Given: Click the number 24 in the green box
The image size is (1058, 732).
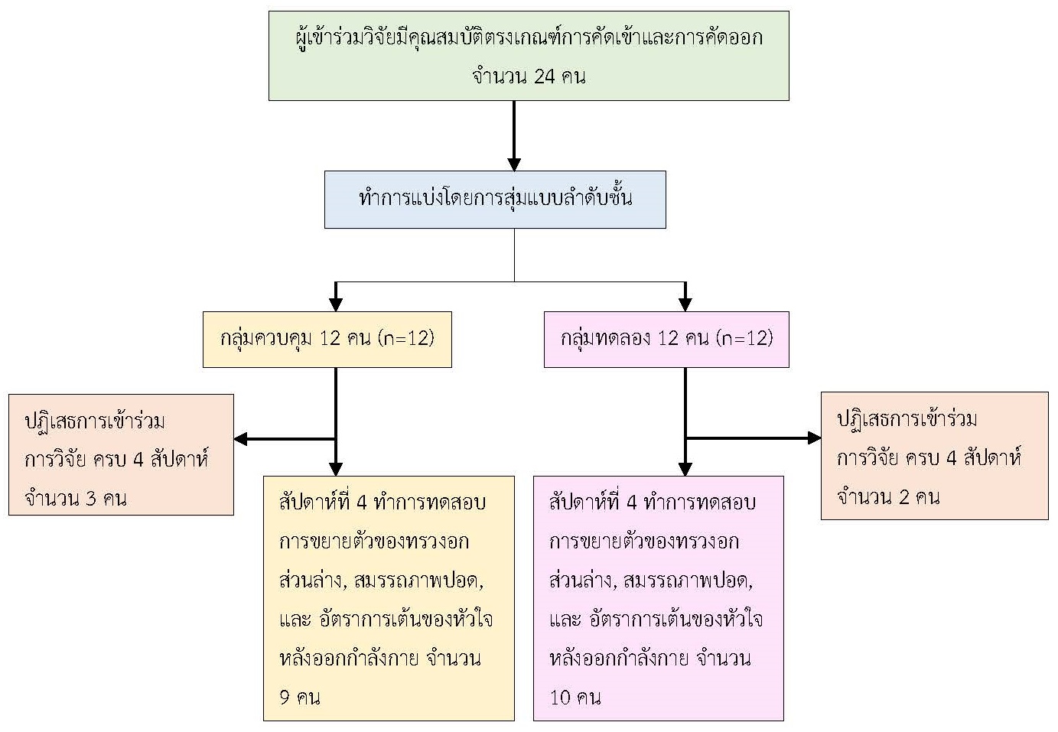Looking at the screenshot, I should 543,76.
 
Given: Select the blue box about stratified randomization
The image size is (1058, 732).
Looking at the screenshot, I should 495,200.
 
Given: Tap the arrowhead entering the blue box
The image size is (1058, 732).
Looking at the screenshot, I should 514,164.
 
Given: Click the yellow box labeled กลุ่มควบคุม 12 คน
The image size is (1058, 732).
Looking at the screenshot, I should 327,339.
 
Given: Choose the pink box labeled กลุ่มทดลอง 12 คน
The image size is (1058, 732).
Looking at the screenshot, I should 666,339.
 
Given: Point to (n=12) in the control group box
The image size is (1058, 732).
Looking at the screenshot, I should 406,339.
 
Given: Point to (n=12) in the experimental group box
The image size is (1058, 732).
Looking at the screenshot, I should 745,339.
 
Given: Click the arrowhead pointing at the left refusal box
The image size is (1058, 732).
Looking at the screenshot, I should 240,439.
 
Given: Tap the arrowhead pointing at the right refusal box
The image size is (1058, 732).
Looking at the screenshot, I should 814,438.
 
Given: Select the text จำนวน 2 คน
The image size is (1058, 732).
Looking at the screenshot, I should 887,497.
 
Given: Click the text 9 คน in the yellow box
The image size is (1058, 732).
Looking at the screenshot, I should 299,698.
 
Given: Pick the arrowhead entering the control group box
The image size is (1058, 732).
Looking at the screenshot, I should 335,305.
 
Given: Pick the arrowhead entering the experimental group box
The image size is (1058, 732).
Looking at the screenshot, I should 685,305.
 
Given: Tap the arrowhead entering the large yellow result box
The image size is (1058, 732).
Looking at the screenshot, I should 335,469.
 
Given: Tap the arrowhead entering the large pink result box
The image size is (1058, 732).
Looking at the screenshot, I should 685,469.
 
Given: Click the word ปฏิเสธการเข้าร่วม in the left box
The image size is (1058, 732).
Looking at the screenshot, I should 95,421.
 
